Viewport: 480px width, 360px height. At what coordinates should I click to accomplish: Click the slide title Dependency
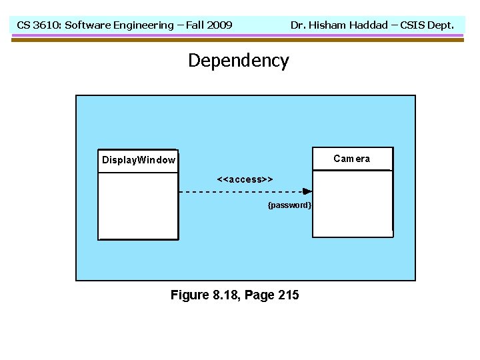pyautogui.click(x=238, y=61)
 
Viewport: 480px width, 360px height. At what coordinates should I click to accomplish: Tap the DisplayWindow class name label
pyautogui.click(x=139, y=160)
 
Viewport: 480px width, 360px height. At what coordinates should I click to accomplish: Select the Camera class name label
pyautogui.click(x=351, y=159)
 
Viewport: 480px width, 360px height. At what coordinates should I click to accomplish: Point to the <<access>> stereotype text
pyautogui.click(x=245, y=179)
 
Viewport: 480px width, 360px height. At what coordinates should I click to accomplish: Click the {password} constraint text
pyautogui.click(x=289, y=205)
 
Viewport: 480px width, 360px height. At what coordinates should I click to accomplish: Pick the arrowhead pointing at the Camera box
pyautogui.click(x=307, y=191)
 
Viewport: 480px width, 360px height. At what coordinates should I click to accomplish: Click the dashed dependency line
pyautogui.click(x=240, y=191)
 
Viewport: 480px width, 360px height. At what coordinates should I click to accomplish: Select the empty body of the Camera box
pyautogui.click(x=352, y=203)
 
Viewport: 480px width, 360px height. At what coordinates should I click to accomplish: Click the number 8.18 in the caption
pyautogui.click(x=225, y=295)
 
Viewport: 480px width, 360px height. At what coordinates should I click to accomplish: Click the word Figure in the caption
pyautogui.click(x=189, y=295)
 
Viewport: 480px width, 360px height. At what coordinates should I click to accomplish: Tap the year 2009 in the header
pyautogui.click(x=219, y=25)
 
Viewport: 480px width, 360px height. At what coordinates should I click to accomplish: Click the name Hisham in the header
pyautogui.click(x=327, y=25)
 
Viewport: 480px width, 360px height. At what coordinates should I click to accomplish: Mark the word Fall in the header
pyautogui.click(x=196, y=25)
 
